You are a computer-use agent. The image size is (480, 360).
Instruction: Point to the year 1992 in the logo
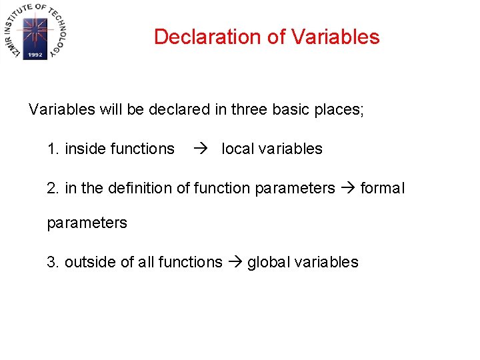35,55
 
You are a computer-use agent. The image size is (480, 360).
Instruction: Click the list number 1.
52,149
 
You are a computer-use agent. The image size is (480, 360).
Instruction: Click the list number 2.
53,189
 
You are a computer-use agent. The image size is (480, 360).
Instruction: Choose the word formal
382,189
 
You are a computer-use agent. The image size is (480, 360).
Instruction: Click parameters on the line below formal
87,223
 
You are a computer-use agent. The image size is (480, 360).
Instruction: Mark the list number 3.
53,262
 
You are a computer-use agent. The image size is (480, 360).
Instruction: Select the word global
269,262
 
